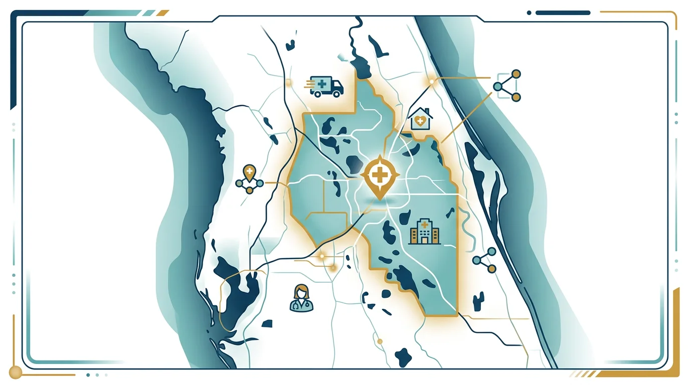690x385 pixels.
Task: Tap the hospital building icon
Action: click(x=424, y=232)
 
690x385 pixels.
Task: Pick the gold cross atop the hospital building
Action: click(x=424, y=224)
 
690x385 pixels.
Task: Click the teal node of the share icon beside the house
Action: click(x=497, y=86)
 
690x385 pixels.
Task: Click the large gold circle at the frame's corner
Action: click(x=15, y=372)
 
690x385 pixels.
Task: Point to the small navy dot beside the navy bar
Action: click(x=529, y=13)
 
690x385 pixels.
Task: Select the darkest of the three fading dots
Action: click(x=88, y=374)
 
